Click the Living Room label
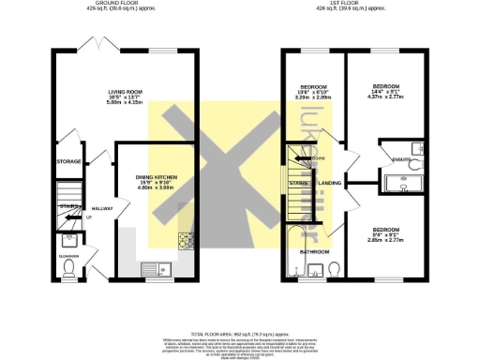click(124, 92)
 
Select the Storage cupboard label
click(67, 160)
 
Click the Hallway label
click(101, 208)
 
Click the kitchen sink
click(151, 268)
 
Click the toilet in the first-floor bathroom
click(335, 270)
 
